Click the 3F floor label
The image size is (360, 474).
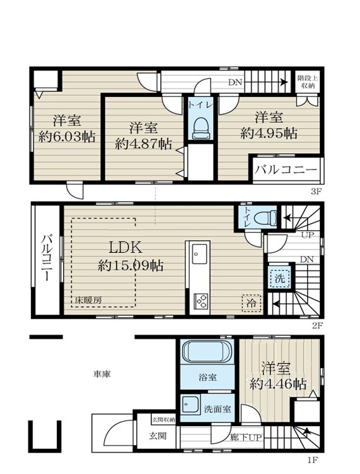[315, 191]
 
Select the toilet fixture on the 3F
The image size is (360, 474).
[200, 128]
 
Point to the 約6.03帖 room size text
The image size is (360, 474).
[67, 137]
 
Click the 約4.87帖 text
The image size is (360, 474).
[143, 144]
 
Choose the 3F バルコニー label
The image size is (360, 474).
[286, 170]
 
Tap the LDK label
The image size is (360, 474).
[125, 248]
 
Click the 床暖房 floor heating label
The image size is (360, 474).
[88, 300]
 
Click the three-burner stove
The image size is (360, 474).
[200, 301]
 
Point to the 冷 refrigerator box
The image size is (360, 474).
[251, 303]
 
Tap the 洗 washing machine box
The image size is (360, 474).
[279, 278]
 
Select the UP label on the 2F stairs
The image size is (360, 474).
[308, 235]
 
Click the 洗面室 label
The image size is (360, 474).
[218, 409]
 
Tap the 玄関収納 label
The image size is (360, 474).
[163, 420]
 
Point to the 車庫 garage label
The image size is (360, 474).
[102, 374]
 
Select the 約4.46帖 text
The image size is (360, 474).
[278, 384]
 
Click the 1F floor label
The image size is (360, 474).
[311, 460]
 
